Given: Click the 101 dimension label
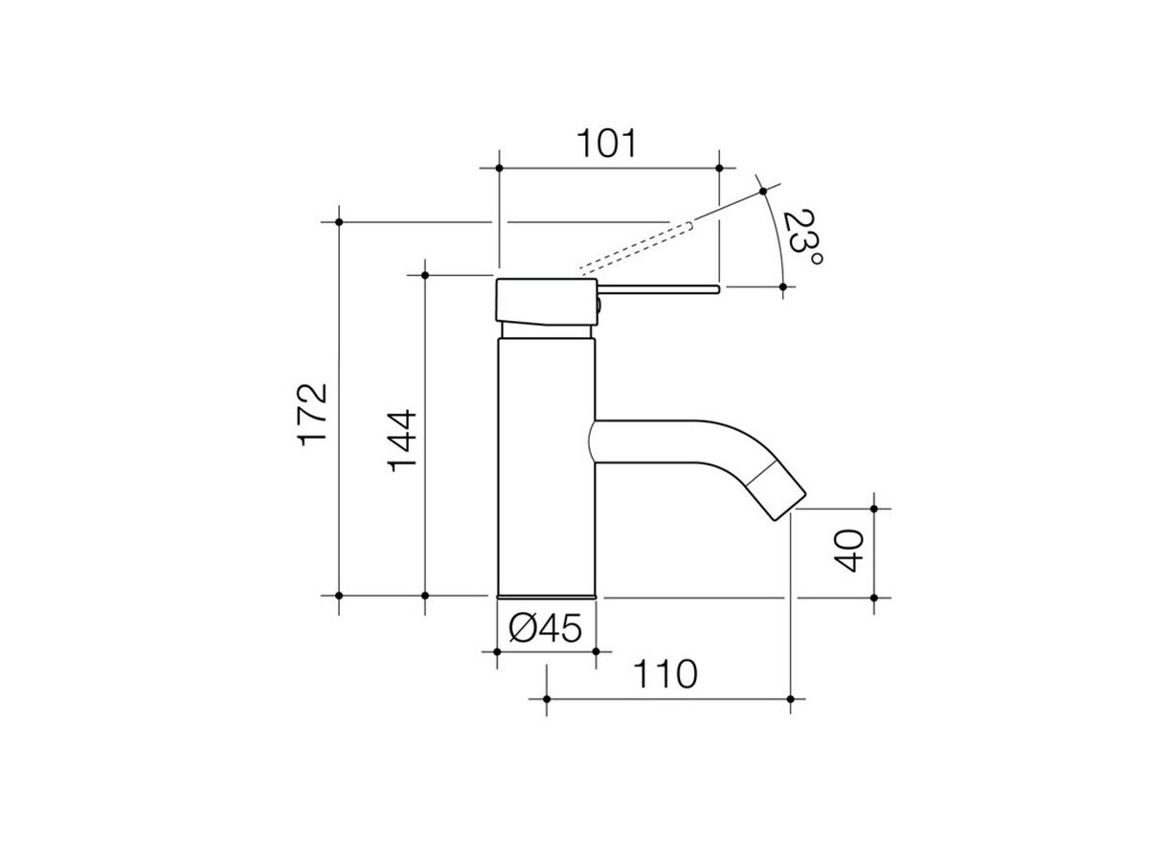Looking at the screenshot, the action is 606,143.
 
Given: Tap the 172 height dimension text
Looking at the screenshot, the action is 312,415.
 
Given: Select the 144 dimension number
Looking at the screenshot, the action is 402,441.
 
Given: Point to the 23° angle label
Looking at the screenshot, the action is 803,238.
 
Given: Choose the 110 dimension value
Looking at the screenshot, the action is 665,674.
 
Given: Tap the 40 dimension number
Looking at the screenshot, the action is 848,551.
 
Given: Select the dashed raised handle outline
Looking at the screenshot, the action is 637,249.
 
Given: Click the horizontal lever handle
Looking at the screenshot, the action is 659,289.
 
